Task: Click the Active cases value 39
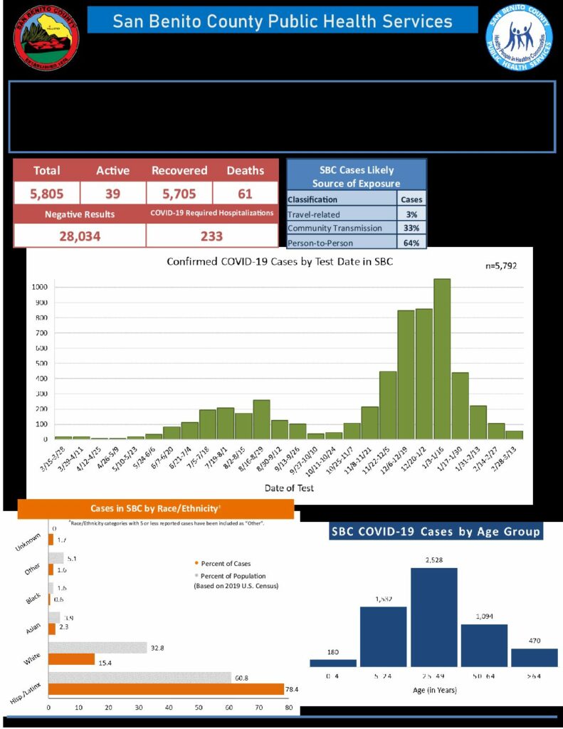(113, 193)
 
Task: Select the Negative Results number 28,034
(79, 236)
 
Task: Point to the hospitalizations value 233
(211, 236)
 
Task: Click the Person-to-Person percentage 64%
(411, 242)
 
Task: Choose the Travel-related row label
(314, 214)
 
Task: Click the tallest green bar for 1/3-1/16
(442, 359)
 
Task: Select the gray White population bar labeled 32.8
(98, 648)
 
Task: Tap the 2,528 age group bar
(444, 617)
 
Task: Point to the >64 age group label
(533, 676)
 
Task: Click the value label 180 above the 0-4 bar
(333, 651)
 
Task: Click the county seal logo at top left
(46, 38)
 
